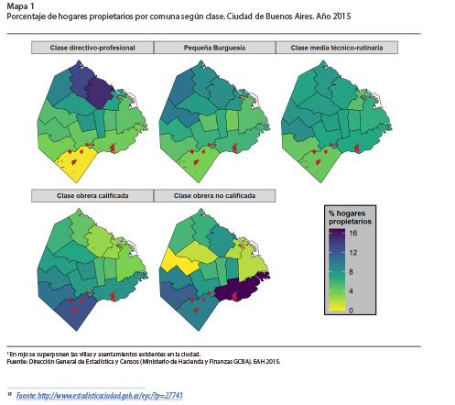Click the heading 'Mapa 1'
pos(20,7)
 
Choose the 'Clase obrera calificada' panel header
pos(92,195)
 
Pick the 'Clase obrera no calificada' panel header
pos(213,195)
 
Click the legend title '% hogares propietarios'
pos(352,218)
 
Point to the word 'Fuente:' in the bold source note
pos(19,362)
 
